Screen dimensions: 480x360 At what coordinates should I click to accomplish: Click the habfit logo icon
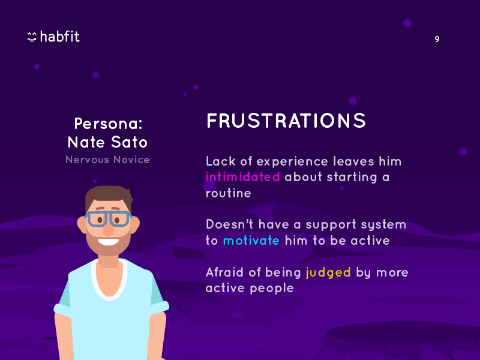pos(32,37)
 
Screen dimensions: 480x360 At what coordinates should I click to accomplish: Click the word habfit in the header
pos(60,37)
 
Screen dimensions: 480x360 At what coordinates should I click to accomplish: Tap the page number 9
pos(437,39)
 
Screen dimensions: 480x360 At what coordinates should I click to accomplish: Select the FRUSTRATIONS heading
pos(286,121)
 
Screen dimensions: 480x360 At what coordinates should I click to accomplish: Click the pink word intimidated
pos(243,177)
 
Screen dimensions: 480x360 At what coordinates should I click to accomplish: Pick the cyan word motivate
pos(251,241)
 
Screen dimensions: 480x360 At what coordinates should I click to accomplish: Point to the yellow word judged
pos(328,273)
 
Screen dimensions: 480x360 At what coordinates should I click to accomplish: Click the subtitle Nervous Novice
pos(107,160)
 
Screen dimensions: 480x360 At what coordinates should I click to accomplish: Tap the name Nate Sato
pos(107,142)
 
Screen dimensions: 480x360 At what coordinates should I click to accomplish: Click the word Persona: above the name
pos(109,124)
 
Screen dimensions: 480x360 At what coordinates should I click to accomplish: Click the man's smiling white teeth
pos(109,242)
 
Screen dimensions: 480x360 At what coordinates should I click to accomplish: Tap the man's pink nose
pos(108,229)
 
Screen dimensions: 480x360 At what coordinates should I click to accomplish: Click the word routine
pos(229,193)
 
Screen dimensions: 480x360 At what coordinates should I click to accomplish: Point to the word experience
pos(292,162)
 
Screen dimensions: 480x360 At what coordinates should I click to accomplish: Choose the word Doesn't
pos(230,224)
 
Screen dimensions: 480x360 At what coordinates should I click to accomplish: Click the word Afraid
pos(224,272)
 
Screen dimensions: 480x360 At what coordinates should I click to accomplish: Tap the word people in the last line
pos(272,289)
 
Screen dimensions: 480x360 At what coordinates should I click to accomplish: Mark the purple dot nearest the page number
pos(407,23)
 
